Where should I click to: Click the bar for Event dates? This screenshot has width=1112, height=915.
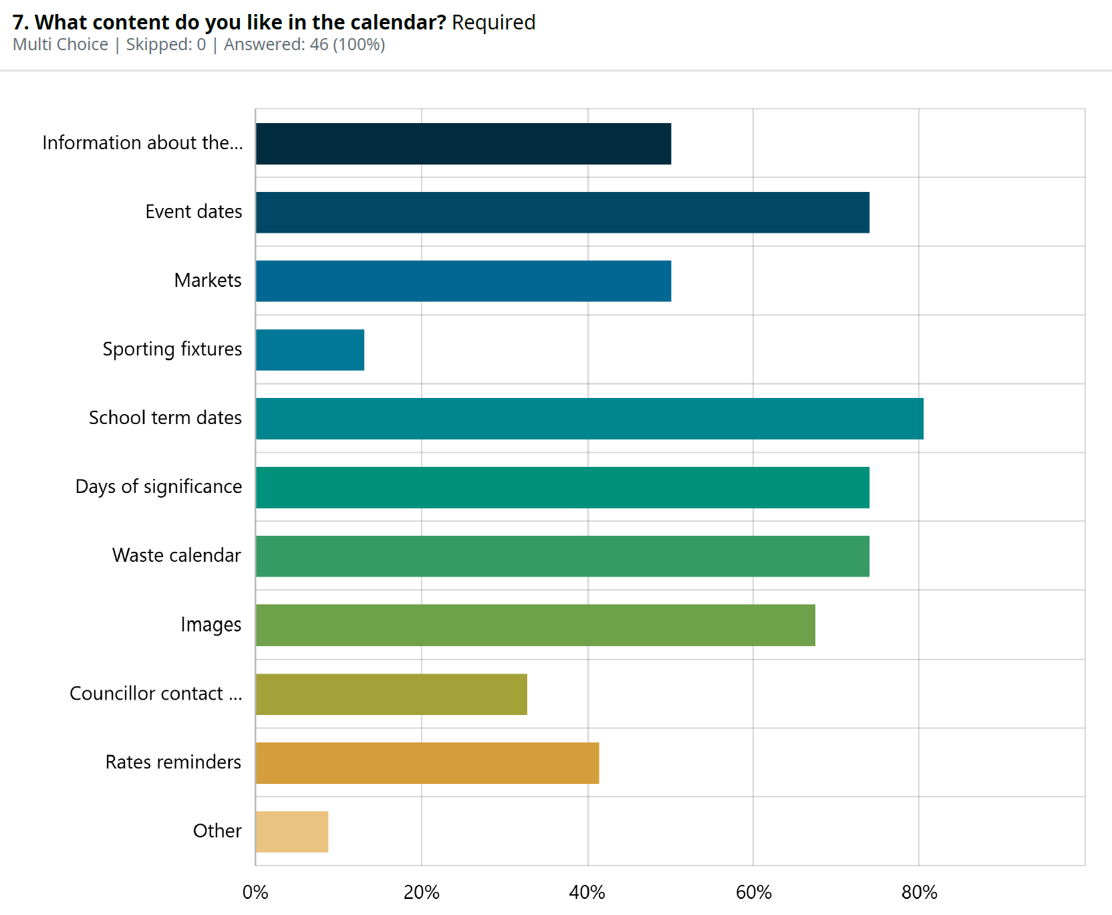562,213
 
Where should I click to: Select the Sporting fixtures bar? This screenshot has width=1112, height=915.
310,350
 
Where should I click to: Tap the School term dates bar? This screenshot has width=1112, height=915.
589,419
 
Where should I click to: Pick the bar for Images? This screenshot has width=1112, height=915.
535,625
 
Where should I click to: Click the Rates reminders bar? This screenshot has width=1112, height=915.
427,763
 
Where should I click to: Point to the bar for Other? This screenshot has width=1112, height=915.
292,832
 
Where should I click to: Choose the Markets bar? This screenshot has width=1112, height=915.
463,281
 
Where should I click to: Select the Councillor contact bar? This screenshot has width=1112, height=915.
391,694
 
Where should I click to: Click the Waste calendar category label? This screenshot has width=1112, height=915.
176,555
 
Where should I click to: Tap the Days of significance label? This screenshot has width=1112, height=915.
158,486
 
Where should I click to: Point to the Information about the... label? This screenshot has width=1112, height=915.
142,142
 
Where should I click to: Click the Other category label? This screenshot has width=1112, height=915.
217,831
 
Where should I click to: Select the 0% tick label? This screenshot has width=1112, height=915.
255,892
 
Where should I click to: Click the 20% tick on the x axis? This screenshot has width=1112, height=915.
422,892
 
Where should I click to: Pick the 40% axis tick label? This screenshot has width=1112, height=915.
587,892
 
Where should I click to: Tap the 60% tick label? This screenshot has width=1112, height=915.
754,892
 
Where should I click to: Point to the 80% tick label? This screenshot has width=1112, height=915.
920,892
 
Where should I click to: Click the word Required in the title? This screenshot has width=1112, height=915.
493,22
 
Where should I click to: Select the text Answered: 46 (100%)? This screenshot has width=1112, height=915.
304,45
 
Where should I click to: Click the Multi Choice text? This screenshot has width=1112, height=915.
60,45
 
